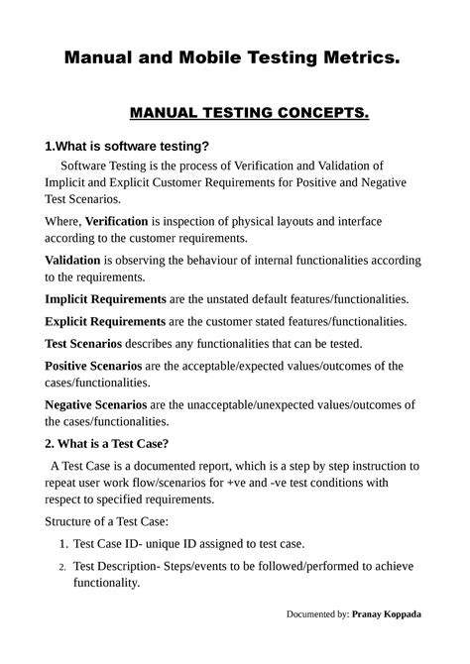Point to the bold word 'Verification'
click(117, 221)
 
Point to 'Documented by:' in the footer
click(317, 614)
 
